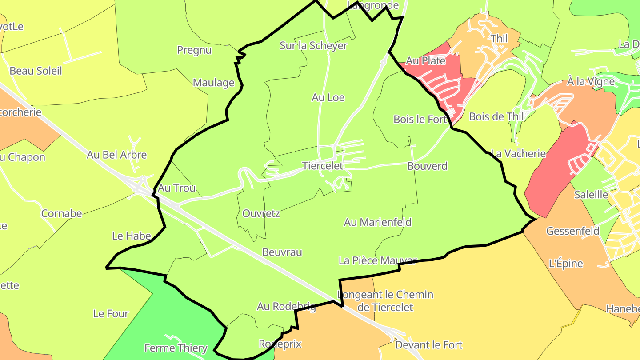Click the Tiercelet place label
323,166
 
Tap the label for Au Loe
328,97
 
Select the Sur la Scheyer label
313,45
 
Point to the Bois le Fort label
420,119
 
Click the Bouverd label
427,166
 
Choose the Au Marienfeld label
378,222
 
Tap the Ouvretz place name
261,213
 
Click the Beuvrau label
282,252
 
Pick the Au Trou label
177,188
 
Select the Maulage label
213,83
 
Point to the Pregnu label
194,50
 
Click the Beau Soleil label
36,71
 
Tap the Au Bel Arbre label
116,155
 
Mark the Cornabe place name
62,213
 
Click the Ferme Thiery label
176,348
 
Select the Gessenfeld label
572,231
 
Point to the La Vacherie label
518,154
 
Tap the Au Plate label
426,61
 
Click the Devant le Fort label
428,345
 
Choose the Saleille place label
591,194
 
